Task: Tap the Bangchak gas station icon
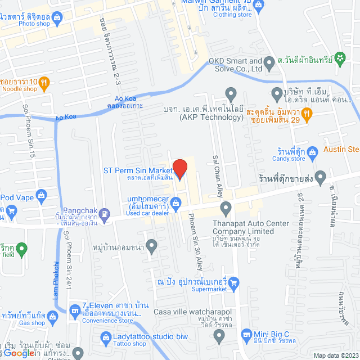[104, 213]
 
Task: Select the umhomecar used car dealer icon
[176, 202]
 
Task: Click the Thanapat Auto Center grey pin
[226, 210]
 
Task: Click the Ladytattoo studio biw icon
[105, 337]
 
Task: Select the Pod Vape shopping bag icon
[41, 195]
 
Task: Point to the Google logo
[22, 353]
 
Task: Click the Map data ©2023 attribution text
[334, 355]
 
